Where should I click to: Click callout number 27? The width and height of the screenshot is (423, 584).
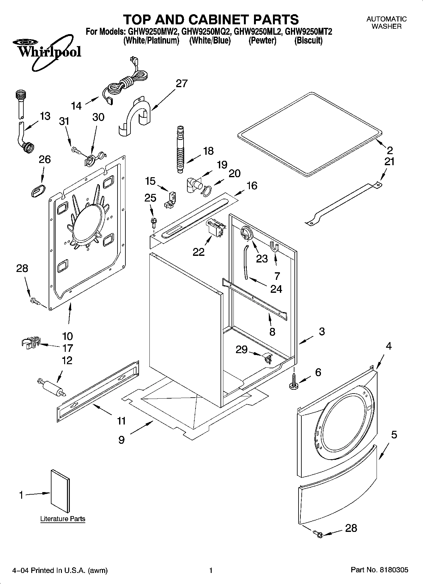182,84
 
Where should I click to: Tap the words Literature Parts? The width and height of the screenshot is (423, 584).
63,519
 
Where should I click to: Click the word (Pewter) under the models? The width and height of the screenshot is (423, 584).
262,41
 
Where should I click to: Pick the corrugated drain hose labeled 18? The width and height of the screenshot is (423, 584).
180,148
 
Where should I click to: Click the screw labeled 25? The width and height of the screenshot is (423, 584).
154,221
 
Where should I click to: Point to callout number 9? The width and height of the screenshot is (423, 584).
122,440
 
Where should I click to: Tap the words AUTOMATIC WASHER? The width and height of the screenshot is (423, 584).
386,23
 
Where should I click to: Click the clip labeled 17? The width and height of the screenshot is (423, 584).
31,342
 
